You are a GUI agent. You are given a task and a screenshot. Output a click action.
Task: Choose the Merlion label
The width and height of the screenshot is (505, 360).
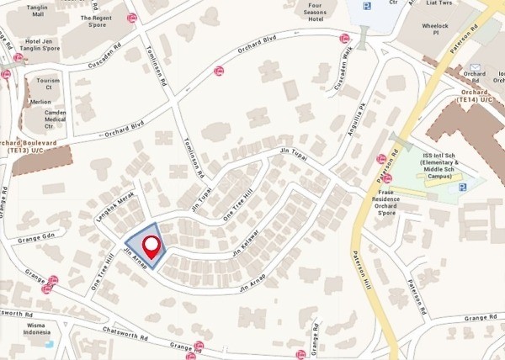pos(40,102)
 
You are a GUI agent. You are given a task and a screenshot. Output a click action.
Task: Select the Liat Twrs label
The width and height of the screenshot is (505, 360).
pos(437,3)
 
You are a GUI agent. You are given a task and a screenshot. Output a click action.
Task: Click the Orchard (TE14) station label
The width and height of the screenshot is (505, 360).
pos(476,95)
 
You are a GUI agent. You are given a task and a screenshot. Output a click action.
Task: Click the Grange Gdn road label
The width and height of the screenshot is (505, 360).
pos(36,236)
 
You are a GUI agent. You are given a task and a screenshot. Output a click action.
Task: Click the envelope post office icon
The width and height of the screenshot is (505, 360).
pos(475,66)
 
